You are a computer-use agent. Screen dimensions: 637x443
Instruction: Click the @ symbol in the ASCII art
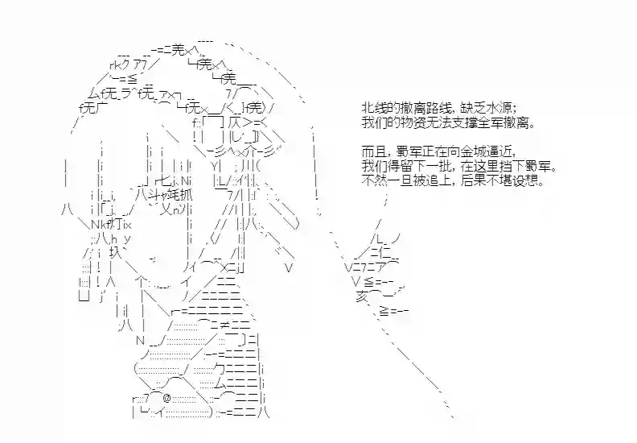pos(167,397)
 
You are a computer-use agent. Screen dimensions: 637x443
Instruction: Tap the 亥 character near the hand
pos(362,296)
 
